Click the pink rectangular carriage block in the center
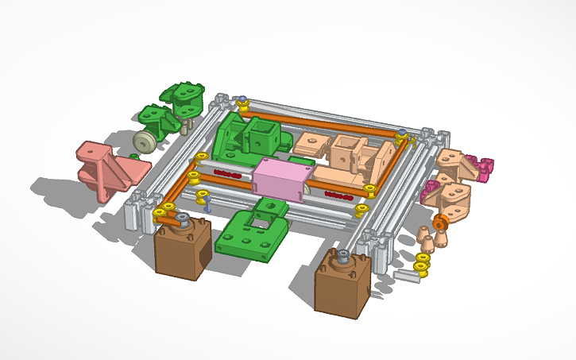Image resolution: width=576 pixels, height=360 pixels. [x=282, y=179]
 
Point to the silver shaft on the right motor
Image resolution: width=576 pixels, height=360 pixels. [x=342, y=256]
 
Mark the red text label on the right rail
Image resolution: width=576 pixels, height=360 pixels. [x=342, y=193]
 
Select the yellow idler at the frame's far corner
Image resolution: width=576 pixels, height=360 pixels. [x=242, y=101]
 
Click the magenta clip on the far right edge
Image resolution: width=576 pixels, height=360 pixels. [x=484, y=165]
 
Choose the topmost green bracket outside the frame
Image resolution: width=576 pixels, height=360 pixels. [x=187, y=96]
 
